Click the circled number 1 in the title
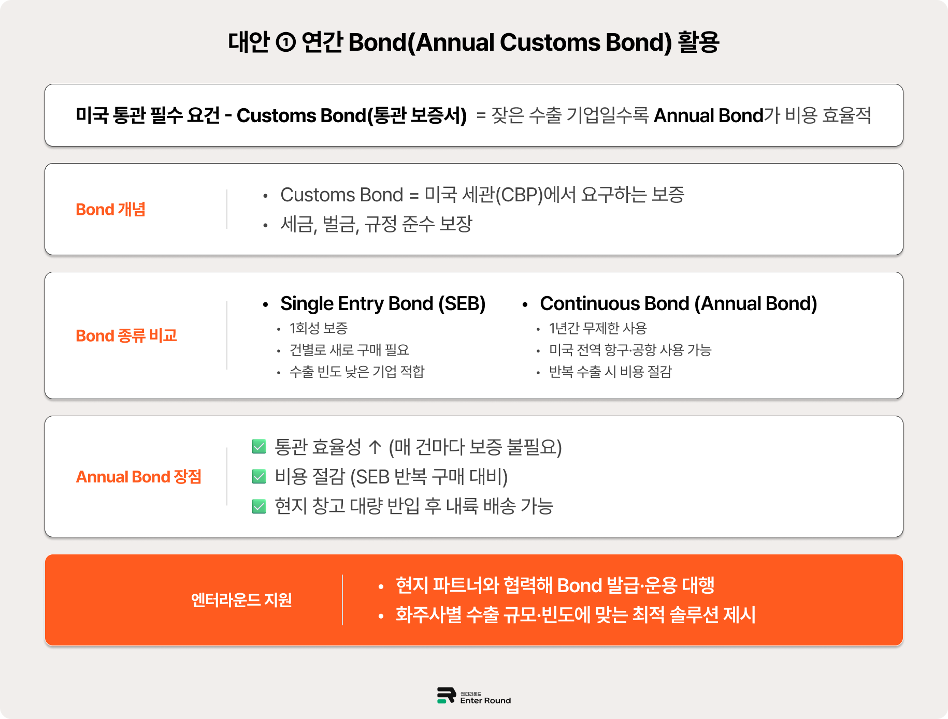(285, 42)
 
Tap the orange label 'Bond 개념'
(110, 210)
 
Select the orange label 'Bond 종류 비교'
(126, 336)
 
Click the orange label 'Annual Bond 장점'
(138, 477)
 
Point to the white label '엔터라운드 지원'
(241, 600)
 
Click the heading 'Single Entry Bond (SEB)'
(383, 304)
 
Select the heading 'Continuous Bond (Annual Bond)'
(678, 304)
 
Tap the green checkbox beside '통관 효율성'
(259, 447)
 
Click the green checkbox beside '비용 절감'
(259, 476)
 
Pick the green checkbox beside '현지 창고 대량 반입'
(259, 506)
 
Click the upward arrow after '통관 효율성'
(375, 447)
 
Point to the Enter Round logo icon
(446, 695)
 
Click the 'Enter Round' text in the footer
(485, 700)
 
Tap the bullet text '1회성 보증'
(319, 328)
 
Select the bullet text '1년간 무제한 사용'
(598, 328)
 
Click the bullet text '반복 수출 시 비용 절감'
(610, 372)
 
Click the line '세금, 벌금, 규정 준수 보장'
(376, 225)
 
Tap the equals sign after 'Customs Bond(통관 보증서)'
(481, 116)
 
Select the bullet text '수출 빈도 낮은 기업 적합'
(357, 372)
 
